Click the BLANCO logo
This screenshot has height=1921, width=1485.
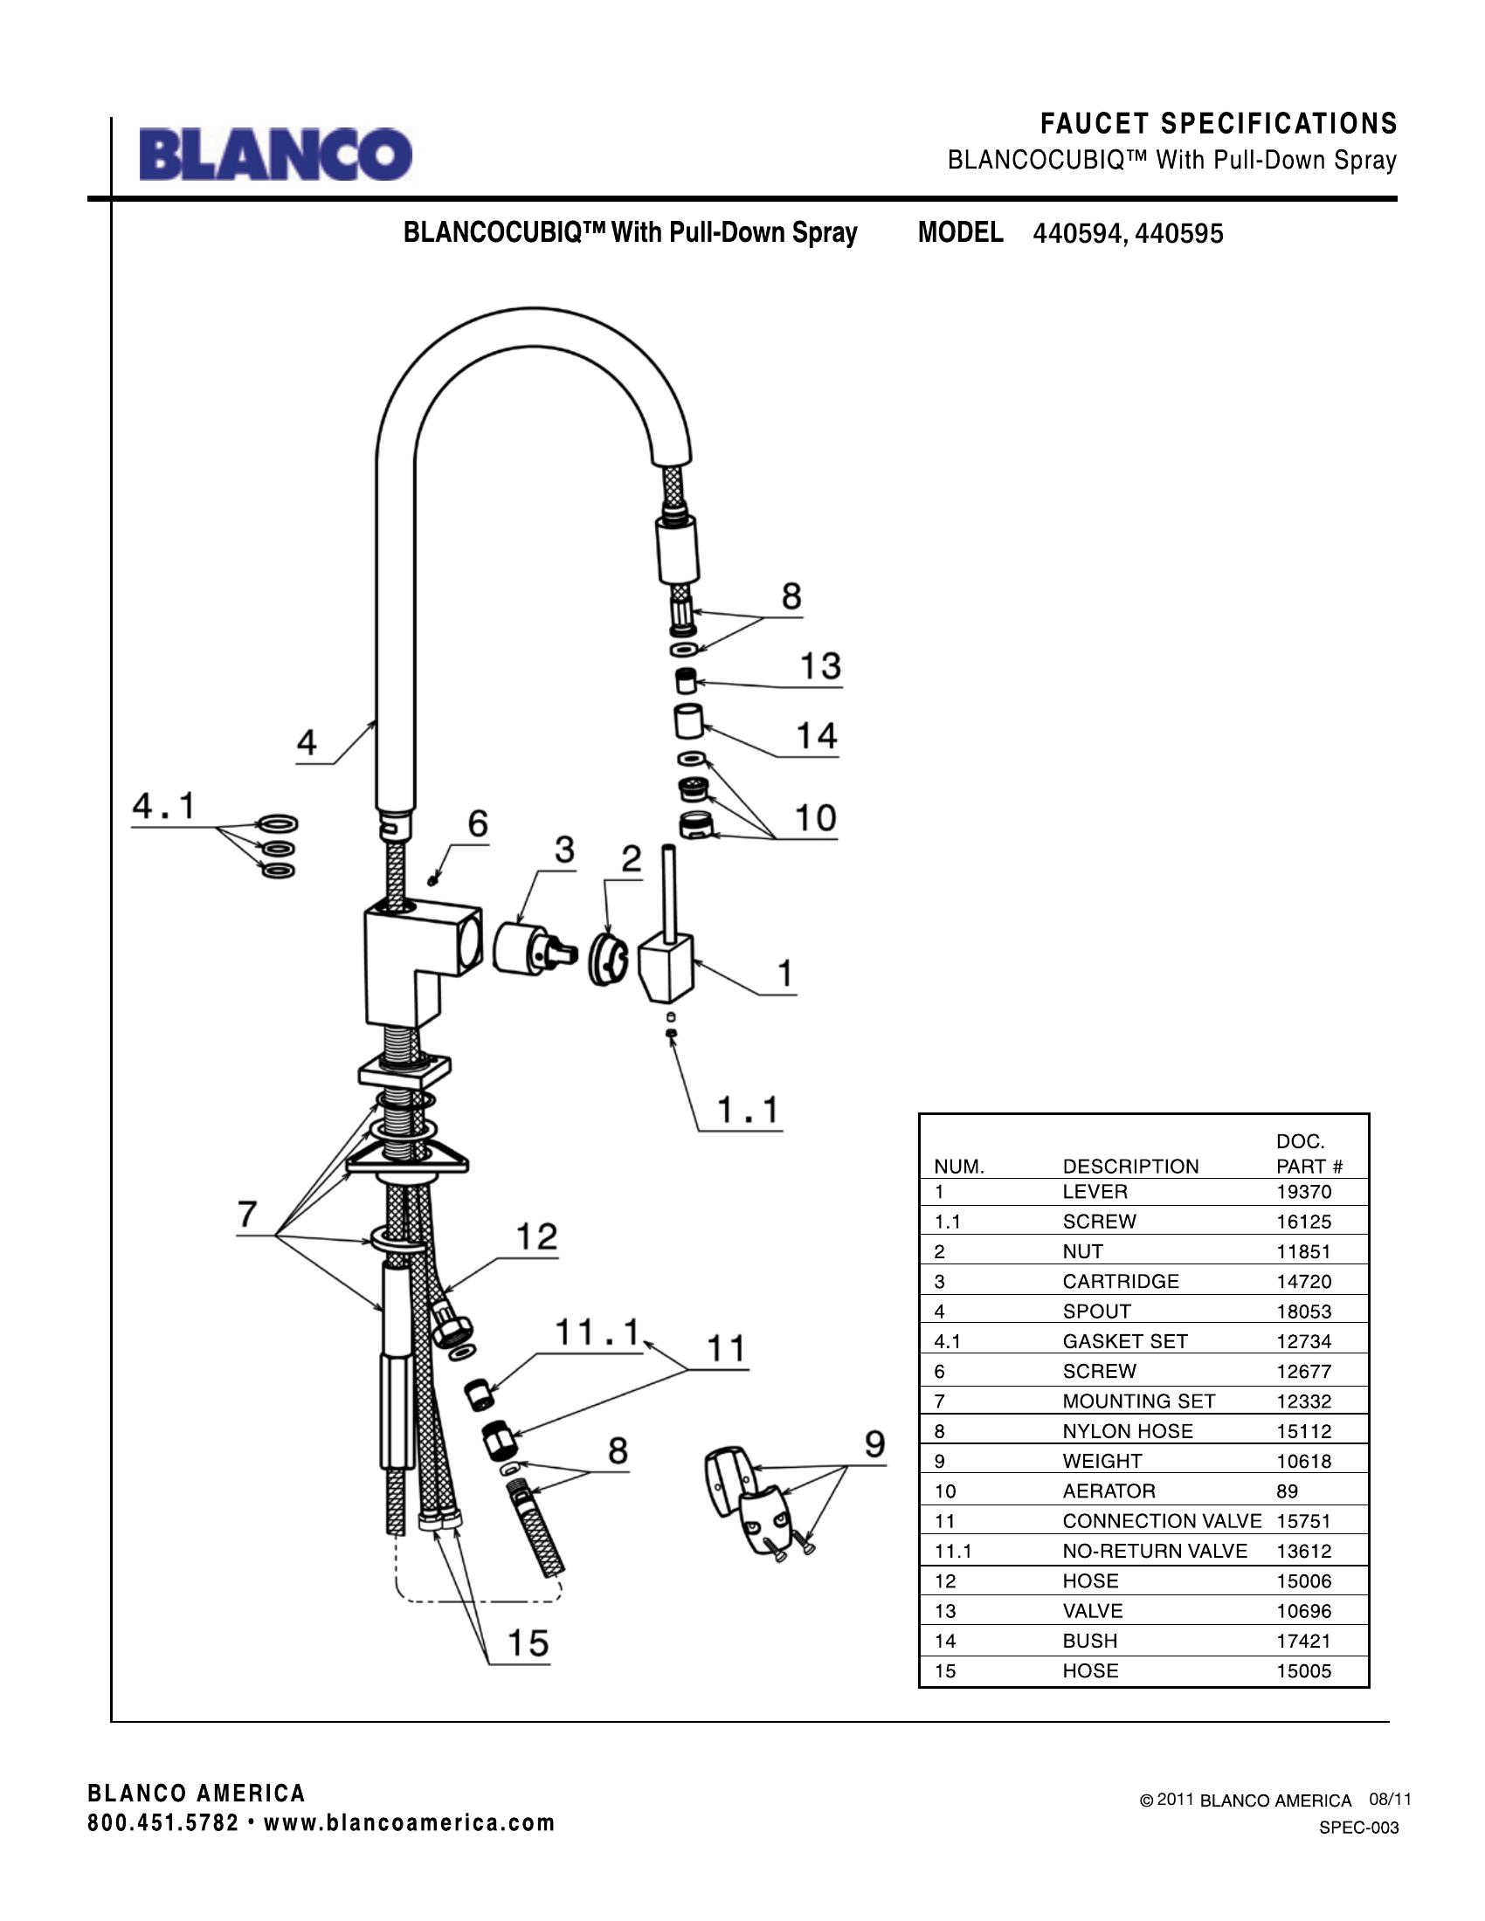[275, 155]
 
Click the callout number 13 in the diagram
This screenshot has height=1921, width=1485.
[820, 666]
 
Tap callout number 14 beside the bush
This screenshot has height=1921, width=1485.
[817, 735]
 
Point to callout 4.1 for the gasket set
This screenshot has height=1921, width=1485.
[164, 806]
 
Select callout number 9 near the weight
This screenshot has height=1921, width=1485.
[874, 1444]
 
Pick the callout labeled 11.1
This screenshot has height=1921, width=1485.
[597, 1332]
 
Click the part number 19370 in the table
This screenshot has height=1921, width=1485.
[1304, 1192]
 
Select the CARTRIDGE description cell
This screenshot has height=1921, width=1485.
[1120, 1282]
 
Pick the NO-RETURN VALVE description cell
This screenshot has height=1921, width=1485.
[1154, 1551]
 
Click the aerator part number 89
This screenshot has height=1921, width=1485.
[1287, 1491]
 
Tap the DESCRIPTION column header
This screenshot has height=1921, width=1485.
[1130, 1167]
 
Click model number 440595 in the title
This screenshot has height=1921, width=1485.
[1179, 234]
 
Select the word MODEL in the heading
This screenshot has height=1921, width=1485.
[960, 232]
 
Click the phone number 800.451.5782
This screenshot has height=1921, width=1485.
[162, 1822]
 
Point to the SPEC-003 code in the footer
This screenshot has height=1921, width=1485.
[1358, 1828]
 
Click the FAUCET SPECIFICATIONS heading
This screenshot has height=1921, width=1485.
[1219, 124]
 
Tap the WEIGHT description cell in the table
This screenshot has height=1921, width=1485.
[1102, 1461]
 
